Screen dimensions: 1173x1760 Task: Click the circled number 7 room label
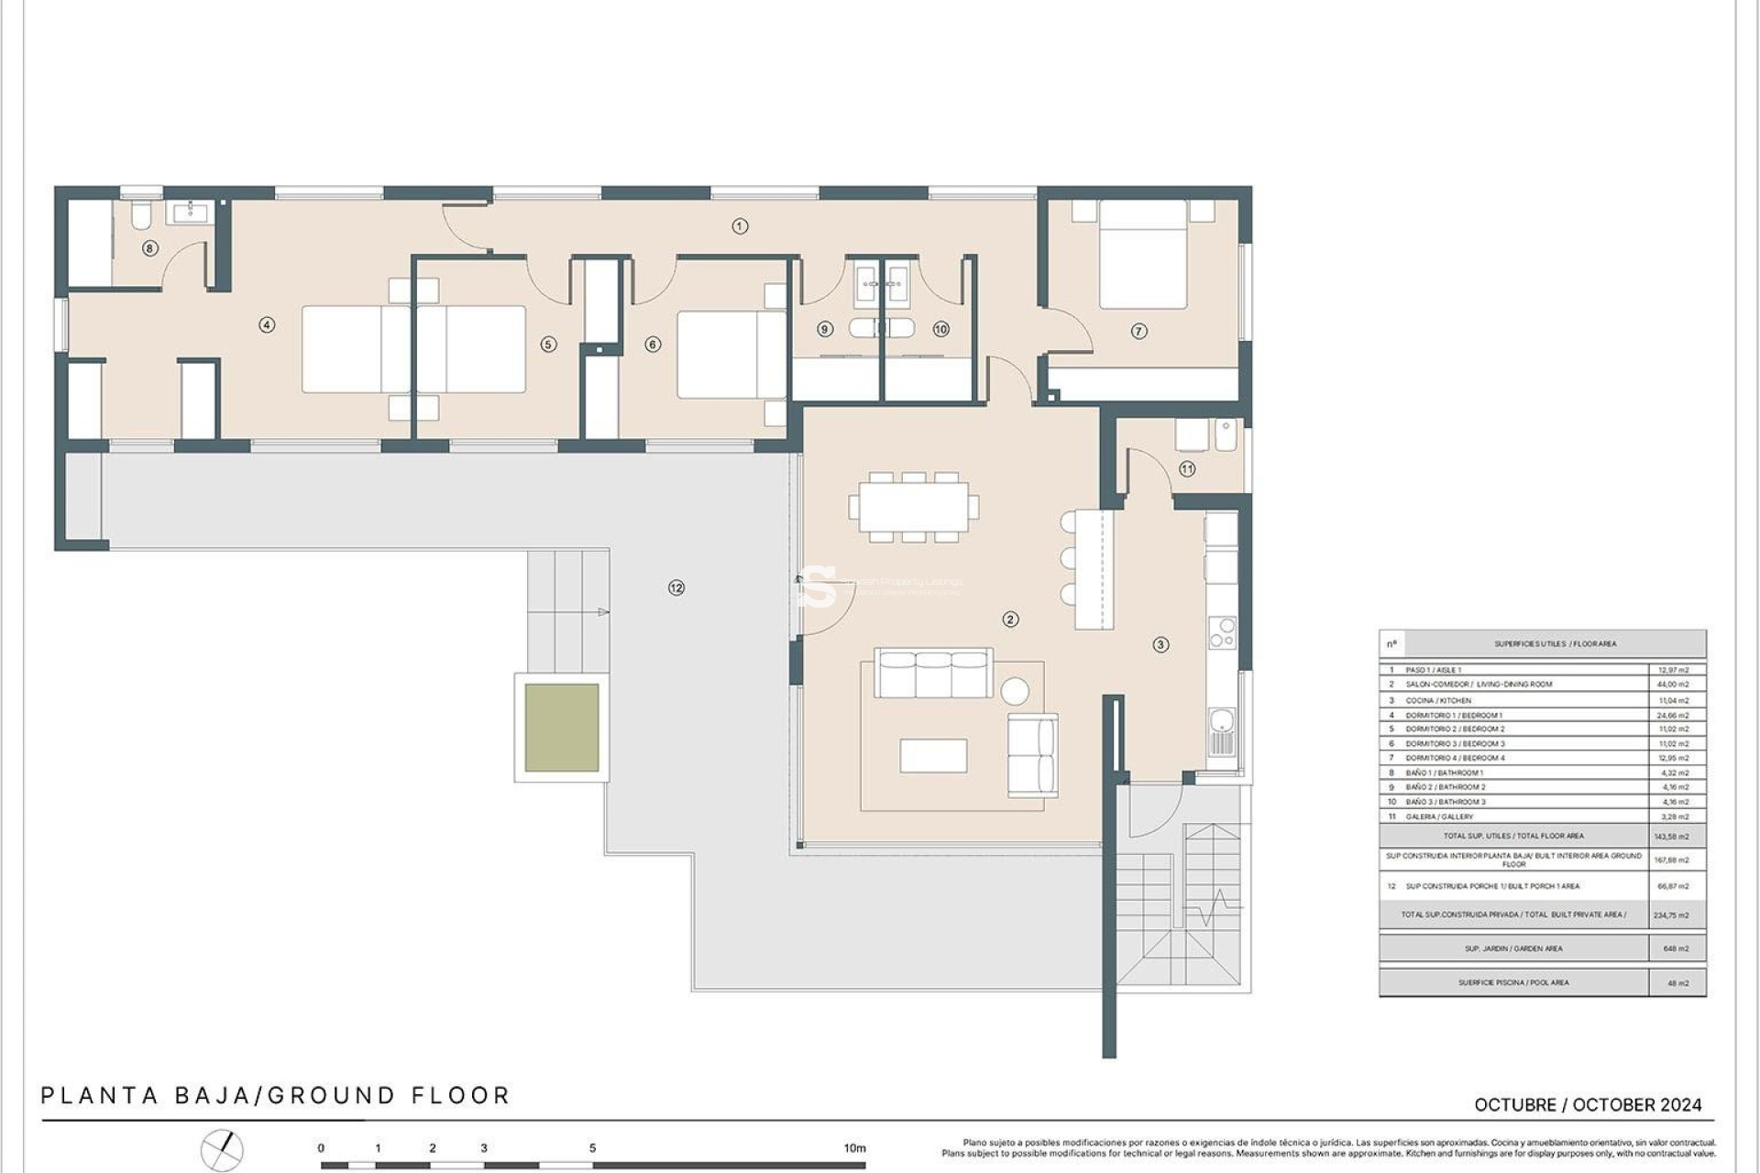[x=1138, y=331]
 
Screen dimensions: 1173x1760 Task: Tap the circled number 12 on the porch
[x=676, y=587]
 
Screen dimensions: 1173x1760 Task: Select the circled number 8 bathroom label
[x=150, y=248]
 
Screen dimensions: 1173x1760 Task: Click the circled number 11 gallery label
[x=1187, y=468]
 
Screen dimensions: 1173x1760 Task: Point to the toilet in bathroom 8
[x=141, y=216]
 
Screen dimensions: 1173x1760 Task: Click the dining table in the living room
[x=913, y=507]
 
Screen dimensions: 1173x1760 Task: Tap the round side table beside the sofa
[x=1014, y=691]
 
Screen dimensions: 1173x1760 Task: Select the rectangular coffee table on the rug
[x=933, y=756]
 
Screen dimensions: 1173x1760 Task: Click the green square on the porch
[x=562, y=728]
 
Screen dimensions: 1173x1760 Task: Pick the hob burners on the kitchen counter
[x=1222, y=632]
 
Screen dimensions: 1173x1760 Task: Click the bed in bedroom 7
[x=1142, y=255]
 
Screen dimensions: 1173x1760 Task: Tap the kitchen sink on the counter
[x=1221, y=730]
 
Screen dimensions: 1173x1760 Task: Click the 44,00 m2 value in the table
[x=1674, y=685]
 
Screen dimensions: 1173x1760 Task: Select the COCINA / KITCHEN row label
[x=1438, y=700]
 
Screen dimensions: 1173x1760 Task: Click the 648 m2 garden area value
[x=1676, y=948]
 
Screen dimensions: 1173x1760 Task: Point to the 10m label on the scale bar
[x=854, y=1148]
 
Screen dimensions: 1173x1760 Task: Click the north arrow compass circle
[x=222, y=1151]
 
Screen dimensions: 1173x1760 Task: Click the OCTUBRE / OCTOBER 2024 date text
[x=1588, y=1105]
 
